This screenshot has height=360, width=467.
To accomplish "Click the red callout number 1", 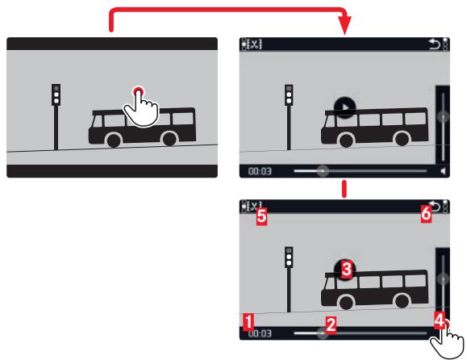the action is (248, 322).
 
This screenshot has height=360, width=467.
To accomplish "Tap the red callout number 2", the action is (331, 324).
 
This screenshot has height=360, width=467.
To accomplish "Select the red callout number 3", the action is (346, 270).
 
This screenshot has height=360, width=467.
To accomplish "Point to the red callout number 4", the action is (440, 320).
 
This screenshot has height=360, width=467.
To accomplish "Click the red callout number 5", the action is (261, 216).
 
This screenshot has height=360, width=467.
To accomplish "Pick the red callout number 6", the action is (426, 214).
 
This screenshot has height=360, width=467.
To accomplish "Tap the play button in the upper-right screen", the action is (344, 107).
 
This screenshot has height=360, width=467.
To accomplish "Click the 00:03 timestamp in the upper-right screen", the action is (260, 171).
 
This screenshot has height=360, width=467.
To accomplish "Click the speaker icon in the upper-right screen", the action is (444, 171).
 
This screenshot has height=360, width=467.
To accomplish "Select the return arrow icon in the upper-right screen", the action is (435, 44).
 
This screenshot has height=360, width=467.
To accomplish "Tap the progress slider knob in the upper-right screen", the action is (323, 171).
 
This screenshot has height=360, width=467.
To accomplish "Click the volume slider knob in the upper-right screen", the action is (443, 116).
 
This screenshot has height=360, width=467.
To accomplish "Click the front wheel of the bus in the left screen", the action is (114, 140).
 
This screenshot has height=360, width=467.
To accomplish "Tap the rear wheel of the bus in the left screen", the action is (169, 139).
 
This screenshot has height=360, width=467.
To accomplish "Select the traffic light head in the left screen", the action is (56, 94).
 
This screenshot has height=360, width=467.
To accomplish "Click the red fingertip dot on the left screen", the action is (138, 91).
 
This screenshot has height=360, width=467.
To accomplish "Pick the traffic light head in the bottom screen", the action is (289, 257).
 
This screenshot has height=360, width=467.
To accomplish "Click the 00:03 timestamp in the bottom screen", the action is (260, 333).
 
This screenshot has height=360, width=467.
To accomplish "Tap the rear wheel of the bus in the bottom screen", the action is (402, 301).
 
